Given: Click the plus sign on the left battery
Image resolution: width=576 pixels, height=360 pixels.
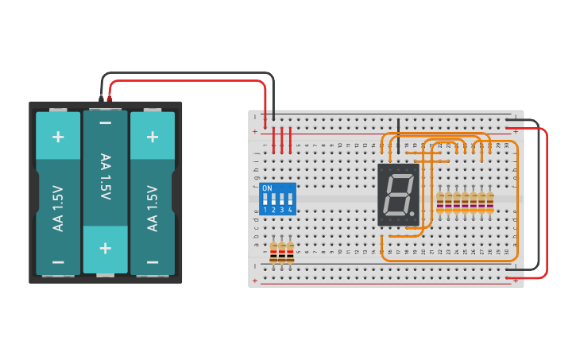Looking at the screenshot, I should point(58,136).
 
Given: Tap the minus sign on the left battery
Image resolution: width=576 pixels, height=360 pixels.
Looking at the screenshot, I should point(58,261).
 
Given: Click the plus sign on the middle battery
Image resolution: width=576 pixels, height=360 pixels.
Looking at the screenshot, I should point(106,247).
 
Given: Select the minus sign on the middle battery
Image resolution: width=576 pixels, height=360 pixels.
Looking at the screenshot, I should point(106,123).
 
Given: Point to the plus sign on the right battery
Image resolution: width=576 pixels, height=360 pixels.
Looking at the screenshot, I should point(153,136).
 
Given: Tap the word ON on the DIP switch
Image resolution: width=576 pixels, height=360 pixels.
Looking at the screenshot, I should point(267,188).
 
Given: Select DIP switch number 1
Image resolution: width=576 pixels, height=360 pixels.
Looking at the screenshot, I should point(265,204).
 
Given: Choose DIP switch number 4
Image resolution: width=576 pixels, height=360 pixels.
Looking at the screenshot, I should point(290,204).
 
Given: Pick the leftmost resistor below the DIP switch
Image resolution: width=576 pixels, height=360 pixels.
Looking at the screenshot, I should point(273,253).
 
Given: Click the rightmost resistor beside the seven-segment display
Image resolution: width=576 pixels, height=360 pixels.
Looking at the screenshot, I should point(490,203).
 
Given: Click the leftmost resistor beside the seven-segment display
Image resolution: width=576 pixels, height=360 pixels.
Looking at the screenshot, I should point(440,203).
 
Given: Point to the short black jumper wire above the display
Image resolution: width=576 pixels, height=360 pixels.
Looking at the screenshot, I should point(398,128).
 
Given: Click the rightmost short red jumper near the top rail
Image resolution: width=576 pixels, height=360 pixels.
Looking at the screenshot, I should point(290,139).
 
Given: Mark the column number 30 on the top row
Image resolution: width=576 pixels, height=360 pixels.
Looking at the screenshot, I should point(506,145).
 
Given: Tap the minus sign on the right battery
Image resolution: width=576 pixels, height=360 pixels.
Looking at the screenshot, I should point(153,261).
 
